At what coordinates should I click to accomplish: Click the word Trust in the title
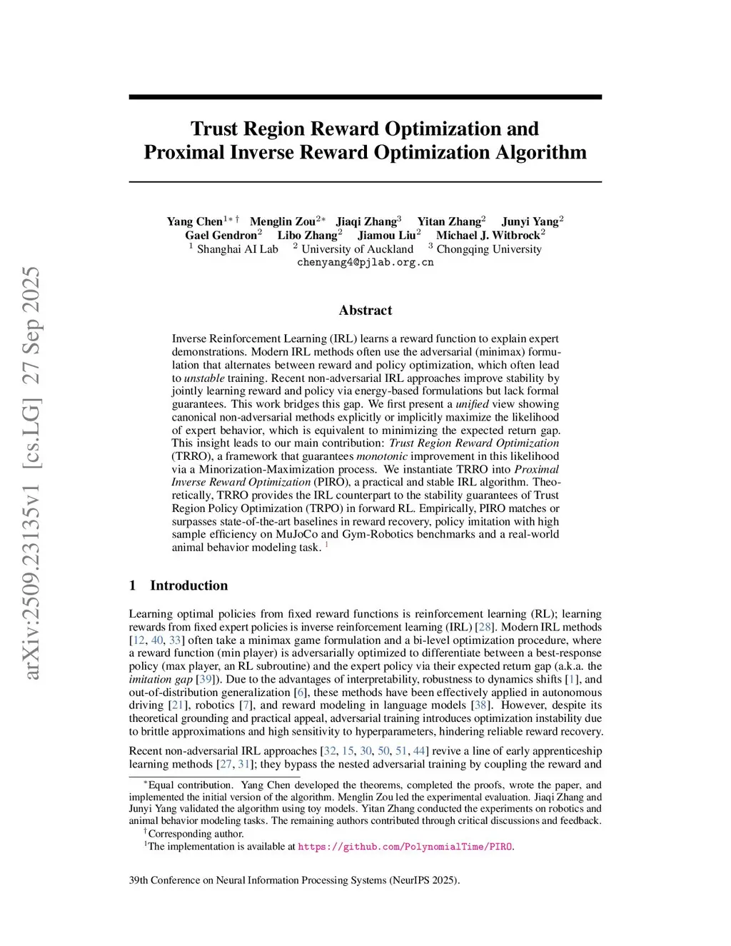(x=214, y=129)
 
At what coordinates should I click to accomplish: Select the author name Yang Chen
(x=194, y=221)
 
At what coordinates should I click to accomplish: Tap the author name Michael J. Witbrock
(x=488, y=235)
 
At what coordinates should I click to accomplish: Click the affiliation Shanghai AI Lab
(x=237, y=249)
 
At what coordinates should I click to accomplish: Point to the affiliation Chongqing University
(x=488, y=249)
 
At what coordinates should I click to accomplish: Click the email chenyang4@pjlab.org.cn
(x=365, y=262)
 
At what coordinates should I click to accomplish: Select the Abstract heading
(x=365, y=310)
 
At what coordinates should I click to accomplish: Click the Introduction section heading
(x=188, y=585)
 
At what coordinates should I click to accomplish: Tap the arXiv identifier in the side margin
(x=32, y=471)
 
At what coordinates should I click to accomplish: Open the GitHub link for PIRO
(x=405, y=847)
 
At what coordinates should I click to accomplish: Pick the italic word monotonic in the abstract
(x=382, y=456)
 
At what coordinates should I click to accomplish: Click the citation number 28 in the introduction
(x=485, y=627)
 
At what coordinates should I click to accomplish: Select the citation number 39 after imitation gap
(x=206, y=679)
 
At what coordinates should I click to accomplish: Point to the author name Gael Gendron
(x=221, y=235)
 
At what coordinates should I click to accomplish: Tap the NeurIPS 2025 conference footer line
(x=294, y=880)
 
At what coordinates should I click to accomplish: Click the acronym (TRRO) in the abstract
(x=191, y=456)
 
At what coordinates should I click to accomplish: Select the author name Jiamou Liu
(x=386, y=235)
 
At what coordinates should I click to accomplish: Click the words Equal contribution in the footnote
(x=190, y=785)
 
